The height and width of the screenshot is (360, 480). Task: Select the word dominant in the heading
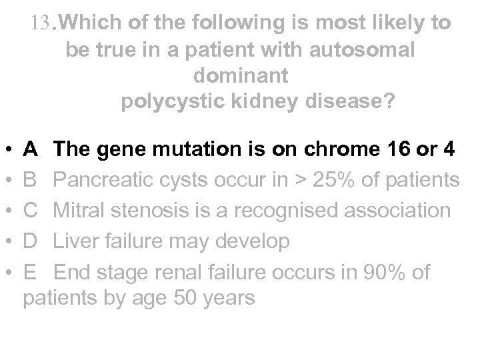(x=241, y=76)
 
